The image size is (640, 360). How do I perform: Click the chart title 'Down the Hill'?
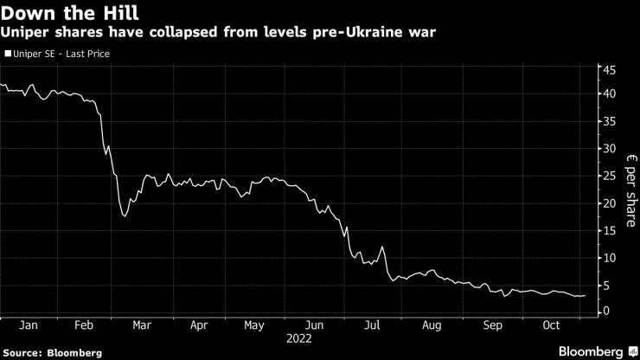coord(58,12)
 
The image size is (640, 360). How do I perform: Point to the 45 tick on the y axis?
coord(610,70)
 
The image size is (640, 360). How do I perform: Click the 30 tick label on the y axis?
coord(610,148)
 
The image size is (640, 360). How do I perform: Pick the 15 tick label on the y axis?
coord(610,230)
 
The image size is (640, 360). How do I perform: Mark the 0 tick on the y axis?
coord(607,312)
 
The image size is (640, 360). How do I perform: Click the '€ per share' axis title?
coord(629,190)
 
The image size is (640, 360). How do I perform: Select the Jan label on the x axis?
coord(28,326)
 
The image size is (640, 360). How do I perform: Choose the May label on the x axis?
coord(254,326)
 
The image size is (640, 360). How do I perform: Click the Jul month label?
coord(372,326)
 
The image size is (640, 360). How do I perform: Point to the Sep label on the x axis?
coord(491,326)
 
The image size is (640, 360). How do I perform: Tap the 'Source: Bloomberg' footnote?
coord(52,353)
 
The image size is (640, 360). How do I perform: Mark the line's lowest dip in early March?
coord(125,215)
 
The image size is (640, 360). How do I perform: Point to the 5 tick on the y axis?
coord(607,285)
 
